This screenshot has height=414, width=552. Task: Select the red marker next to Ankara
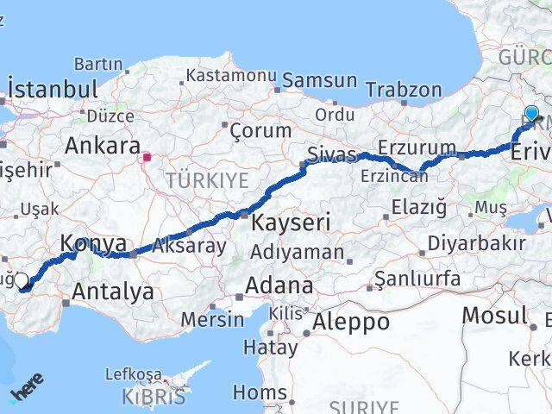(147, 158)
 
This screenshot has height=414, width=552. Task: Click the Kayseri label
(291, 223)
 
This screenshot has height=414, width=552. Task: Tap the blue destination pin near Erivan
(531, 114)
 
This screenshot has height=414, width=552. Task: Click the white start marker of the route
(22, 279)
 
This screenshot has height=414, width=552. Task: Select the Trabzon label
(403, 90)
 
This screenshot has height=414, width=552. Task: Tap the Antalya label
(113, 292)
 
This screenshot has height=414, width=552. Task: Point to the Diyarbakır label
(476, 242)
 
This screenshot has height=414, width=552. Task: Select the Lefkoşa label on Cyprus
(133, 374)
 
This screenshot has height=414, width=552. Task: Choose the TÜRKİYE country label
(207, 180)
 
